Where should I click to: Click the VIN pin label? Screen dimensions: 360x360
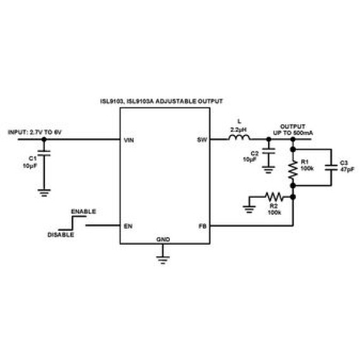point(129,140)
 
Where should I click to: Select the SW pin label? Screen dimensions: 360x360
point(202,139)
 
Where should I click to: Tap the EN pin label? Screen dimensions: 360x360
point(128,226)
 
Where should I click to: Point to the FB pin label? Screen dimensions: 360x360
point(203,226)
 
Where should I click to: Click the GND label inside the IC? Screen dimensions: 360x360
point(164,240)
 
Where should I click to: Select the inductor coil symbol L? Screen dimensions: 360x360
point(239,138)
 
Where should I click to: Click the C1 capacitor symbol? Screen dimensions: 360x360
point(44,153)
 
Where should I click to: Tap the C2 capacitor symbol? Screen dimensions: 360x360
point(269,151)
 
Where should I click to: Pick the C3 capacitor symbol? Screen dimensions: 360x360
point(331,167)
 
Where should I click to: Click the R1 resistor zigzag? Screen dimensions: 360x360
point(293,170)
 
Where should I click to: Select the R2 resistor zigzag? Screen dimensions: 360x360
point(274,196)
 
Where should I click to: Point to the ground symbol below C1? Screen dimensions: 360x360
point(44,193)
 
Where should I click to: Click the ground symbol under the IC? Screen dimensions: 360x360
point(163,260)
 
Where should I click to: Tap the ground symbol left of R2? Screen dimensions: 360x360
point(249,209)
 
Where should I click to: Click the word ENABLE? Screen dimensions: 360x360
point(84,212)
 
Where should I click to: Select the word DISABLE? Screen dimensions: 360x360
point(61,235)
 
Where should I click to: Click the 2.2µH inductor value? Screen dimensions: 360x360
point(238,130)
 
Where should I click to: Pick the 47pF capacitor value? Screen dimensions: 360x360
point(347,169)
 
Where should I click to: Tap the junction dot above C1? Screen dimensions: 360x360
point(44,139)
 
